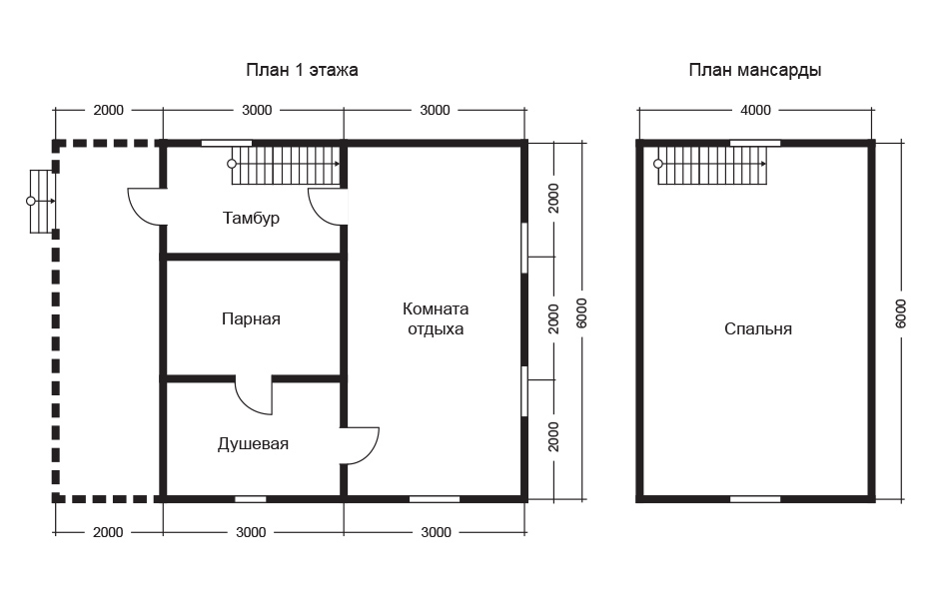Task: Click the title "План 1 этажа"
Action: click(x=302, y=70)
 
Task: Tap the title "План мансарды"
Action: click(x=755, y=70)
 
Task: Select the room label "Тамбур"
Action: click(x=251, y=218)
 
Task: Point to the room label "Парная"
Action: click(x=251, y=318)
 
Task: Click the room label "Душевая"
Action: click(x=253, y=444)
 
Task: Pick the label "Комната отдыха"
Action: click(x=436, y=318)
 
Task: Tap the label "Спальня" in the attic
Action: click(x=758, y=329)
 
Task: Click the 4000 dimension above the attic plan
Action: click(x=755, y=110)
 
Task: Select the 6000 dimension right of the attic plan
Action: click(x=901, y=313)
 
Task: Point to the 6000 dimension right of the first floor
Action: click(x=581, y=313)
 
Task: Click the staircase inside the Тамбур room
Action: click(x=284, y=164)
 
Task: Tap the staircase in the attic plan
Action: click(x=710, y=164)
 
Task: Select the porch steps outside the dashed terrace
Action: click(x=41, y=201)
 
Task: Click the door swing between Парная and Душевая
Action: click(x=254, y=396)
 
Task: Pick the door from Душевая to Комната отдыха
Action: click(x=360, y=445)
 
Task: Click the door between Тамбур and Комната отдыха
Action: click(x=328, y=207)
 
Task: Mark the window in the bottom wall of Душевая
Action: click(x=251, y=499)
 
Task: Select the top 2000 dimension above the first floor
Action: click(x=108, y=110)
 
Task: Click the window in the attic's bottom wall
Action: click(x=755, y=499)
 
